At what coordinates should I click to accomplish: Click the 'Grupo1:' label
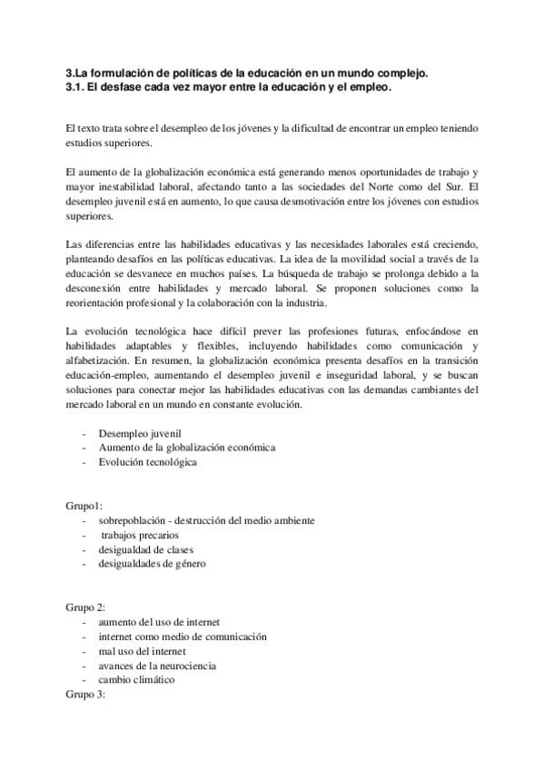[x=84, y=506]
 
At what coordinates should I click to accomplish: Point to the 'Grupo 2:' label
[x=86, y=607]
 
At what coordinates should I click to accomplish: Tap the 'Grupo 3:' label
[x=86, y=695]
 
